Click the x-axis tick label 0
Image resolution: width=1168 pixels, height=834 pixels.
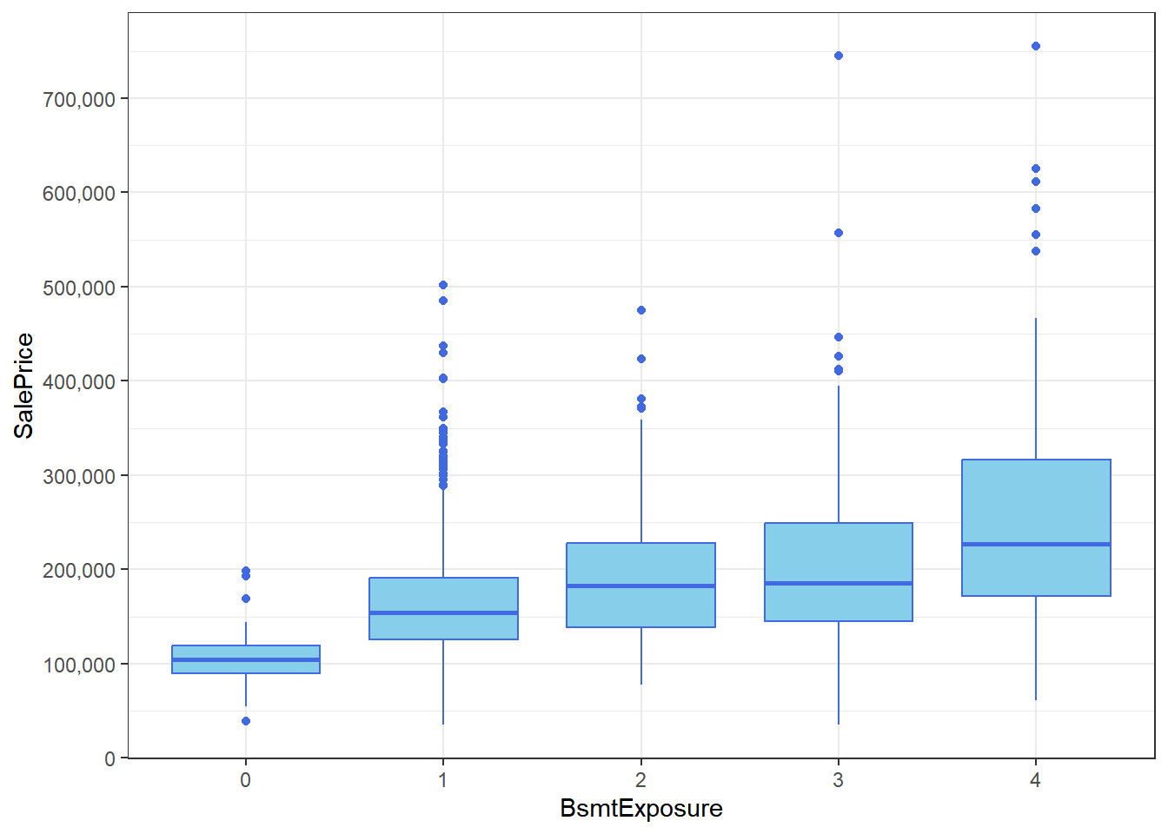[246, 780]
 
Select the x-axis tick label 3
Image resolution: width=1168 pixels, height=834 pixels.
[838, 780]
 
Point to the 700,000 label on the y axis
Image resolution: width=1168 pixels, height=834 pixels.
[79, 99]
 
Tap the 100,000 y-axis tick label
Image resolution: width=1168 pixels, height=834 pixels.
[79, 665]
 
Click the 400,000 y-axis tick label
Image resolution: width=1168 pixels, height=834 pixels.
[79, 381]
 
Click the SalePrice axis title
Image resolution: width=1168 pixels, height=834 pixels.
[24, 386]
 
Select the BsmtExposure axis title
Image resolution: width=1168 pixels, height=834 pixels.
[641, 809]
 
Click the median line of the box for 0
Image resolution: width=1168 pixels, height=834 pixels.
[246, 659]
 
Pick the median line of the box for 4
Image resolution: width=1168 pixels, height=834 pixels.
[1036, 544]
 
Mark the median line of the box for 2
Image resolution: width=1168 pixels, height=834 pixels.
[641, 586]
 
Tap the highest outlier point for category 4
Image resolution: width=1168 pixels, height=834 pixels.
[1036, 46]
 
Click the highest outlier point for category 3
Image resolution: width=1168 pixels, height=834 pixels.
[839, 56]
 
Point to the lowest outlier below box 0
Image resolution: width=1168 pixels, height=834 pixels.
[246, 721]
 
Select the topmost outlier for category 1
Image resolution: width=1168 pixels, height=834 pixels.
[443, 285]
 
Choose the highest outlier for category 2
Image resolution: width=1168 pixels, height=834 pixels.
[641, 310]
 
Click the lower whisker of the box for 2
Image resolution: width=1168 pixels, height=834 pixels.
[641, 656]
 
